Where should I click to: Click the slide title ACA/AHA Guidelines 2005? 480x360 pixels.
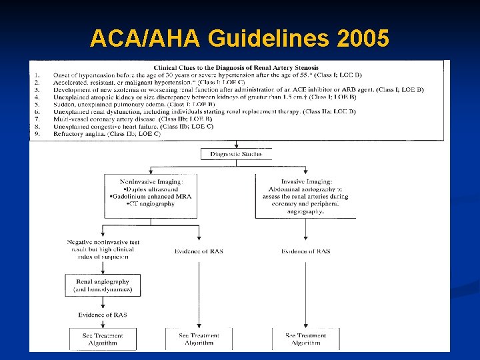(239, 39)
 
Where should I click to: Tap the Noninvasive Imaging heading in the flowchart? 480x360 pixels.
(151, 181)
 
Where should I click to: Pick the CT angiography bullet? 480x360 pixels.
(151, 204)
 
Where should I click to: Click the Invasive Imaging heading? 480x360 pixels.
(305, 181)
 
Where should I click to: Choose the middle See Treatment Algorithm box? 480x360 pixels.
(199, 339)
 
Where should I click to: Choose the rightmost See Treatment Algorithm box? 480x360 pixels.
(305, 339)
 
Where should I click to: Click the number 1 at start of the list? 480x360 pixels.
(38, 75)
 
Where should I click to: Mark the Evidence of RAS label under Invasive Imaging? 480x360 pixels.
(305, 251)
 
